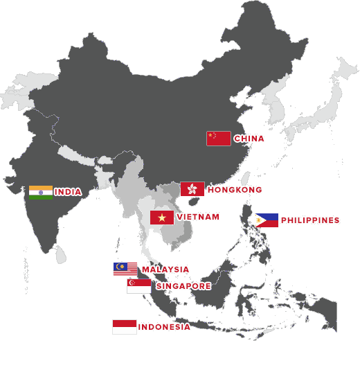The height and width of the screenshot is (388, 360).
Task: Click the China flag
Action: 218,138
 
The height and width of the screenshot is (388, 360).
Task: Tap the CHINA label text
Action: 249,139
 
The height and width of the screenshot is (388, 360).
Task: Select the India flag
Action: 41,192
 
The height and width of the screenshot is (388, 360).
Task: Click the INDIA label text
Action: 68,192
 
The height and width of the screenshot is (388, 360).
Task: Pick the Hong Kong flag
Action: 192,189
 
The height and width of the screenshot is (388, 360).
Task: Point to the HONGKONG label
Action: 235,190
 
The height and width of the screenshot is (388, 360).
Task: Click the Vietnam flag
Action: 162,217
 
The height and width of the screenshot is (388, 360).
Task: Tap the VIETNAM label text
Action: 198,217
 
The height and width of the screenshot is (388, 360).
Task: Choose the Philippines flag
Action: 267,220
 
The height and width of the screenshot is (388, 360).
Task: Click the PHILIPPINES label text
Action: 310,220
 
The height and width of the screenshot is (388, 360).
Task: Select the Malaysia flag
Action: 125,269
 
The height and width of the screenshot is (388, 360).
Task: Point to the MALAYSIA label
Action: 165,269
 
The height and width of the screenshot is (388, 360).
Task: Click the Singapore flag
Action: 138,285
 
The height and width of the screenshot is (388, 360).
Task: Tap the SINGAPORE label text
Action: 183,286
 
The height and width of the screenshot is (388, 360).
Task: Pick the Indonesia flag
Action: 125,327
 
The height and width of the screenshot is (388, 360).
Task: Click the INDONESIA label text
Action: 164,327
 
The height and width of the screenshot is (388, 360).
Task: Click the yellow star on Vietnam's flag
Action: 162,217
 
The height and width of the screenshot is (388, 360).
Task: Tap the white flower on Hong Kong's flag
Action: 192,189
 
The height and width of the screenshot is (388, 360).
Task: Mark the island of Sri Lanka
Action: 61,256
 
